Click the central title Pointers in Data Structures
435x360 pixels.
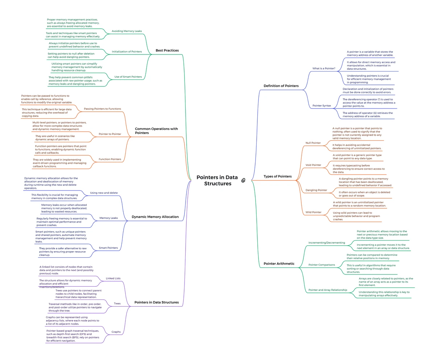click(x=217, y=180)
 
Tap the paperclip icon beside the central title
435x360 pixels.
click(x=243, y=180)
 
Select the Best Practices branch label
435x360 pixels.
click(x=167, y=50)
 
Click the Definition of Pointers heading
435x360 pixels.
click(x=281, y=86)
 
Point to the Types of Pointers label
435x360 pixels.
click(x=278, y=176)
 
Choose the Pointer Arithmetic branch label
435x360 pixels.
click(x=279, y=263)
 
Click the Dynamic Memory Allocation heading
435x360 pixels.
click(x=155, y=217)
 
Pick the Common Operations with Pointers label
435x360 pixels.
click(x=156, y=131)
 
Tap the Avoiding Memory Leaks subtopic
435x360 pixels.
click(x=127, y=31)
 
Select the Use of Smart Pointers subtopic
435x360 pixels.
click(x=128, y=77)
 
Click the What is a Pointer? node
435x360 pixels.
click(x=324, y=69)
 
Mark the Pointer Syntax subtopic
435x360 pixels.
click(x=322, y=106)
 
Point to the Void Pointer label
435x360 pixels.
click(x=313, y=165)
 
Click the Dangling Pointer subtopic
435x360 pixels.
click(x=316, y=190)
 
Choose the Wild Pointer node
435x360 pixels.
click(x=313, y=212)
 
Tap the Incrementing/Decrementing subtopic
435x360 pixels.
click(x=327, y=243)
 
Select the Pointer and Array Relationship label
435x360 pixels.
click(x=327, y=290)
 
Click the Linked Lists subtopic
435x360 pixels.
click(x=113, y=278)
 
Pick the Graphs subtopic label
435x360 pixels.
click(x=116, y=332)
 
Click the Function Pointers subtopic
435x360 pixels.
click(x=109, y=159)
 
